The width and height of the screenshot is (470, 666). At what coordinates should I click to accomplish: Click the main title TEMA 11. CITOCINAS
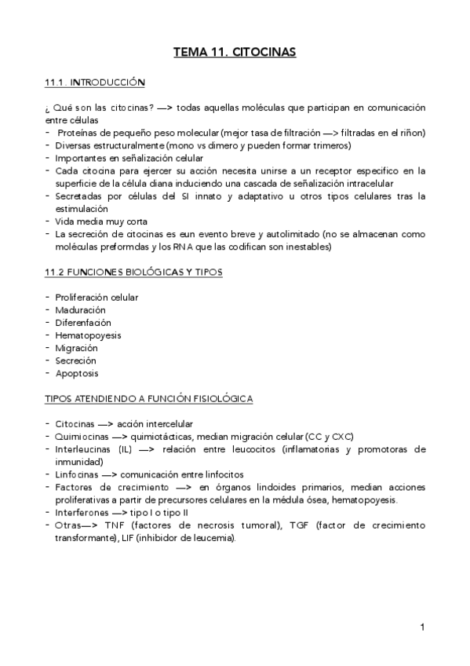coord(235,53)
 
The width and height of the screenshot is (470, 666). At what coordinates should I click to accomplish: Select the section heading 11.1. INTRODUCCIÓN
coord(95,82)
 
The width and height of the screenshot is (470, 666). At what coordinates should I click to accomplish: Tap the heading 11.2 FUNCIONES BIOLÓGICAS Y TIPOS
coord(134,272)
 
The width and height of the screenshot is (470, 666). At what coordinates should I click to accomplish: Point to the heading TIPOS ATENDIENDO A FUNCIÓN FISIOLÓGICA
coord(149,399)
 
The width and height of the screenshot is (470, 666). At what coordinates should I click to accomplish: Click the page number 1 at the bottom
coord(422,627)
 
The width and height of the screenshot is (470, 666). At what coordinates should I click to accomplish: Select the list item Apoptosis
coord(77,373)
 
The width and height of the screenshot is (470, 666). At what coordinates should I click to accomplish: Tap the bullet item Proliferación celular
coord(97,297)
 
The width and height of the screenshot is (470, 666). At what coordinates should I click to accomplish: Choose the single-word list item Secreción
coord(76,360)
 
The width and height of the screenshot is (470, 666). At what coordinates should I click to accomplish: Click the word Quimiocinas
coord(82,437)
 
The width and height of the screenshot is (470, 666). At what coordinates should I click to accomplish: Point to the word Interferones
coord(82,512)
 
